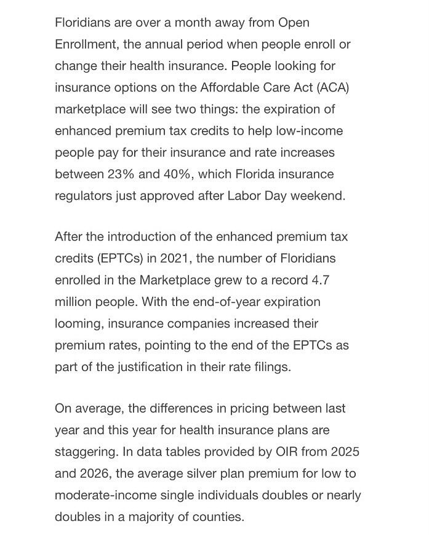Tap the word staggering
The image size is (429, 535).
click(86, 452)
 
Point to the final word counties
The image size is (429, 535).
click(219, 517)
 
